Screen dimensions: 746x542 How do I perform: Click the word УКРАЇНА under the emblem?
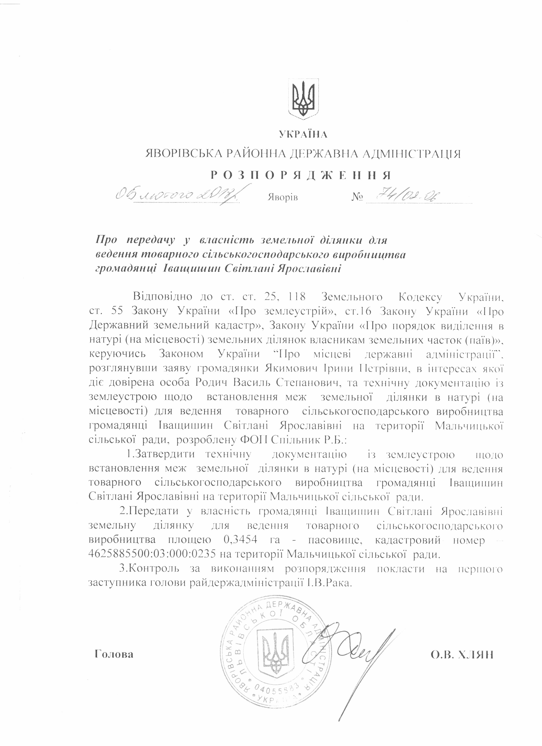pos(303,134)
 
